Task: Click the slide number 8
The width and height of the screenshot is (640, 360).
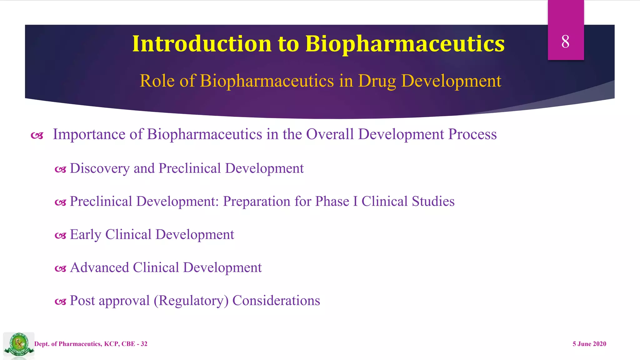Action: pyautogui.click(x=565, y=42)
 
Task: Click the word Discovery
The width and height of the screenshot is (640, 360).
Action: pyautogui.click(x=99, y=168)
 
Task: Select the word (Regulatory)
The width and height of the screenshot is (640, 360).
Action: pyautogui.click(x=191, y=301)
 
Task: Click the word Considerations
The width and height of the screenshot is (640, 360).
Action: pyautogui.click(x=276, y=301)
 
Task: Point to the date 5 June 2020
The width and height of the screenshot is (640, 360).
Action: pyautogui.click(x=589, y=344)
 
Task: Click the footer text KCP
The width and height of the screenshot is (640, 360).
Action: pyautogui.click(x=111, y=344)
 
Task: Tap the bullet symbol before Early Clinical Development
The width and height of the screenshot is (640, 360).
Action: pyautogui.click(x=60, y=235)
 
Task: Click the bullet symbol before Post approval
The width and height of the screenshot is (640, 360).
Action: pyautogui.click(x=60, y=302)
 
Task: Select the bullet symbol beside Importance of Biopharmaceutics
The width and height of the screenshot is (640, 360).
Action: pyautogui.click(x=37, y=136)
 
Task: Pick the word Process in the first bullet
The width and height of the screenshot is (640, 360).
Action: pyautogui.click(x=472, y=134)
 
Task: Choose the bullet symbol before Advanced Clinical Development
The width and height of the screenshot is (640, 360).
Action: pyautogui.click(x=60, y=268)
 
